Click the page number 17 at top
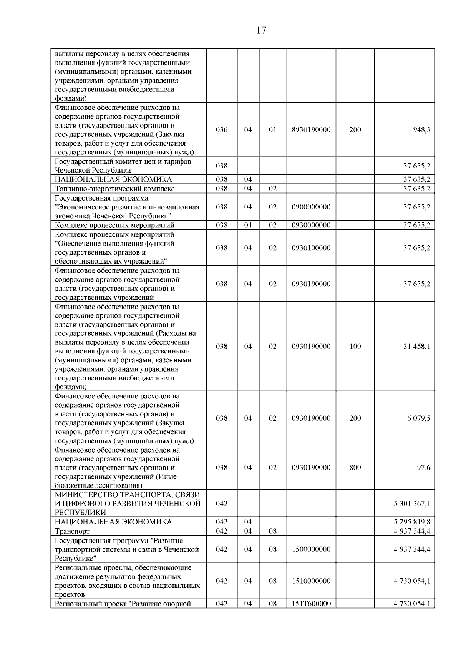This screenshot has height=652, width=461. [261, 30]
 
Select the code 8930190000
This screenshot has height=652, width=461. [311, 130]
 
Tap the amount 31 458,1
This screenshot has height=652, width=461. [416, 347]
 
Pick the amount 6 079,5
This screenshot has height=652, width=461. [419, 418]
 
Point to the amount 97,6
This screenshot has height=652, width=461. [424, 468]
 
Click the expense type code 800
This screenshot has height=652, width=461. [355, 468]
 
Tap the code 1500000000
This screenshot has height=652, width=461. [311, 549]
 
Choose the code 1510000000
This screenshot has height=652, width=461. [311, 581]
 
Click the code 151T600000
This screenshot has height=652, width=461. [311, 604]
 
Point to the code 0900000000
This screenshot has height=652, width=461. [311, 207]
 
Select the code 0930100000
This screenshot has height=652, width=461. [311, 248]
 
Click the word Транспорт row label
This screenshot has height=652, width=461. [72, 531]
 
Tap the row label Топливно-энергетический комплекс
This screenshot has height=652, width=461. [114, 189]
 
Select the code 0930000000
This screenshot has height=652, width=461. [311, 225]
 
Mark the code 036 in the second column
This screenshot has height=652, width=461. [222, 130]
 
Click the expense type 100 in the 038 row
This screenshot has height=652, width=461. [355, 347]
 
